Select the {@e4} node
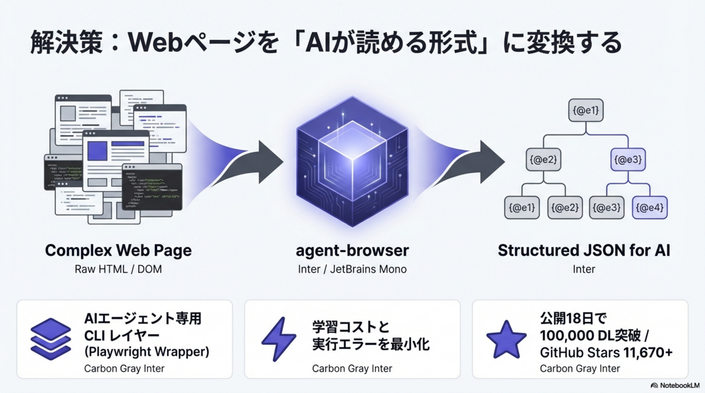tap(650, 208)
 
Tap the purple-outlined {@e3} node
tap(628, 160)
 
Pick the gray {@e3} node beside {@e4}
tap(606, 208)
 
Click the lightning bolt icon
tap(279, 339)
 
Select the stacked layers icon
tap(51, 339)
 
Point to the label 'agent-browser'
tap(352, 250)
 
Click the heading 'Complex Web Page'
tap(118, 250)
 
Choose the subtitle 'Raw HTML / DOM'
tap(118, 269)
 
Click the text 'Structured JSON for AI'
tap(584, 250)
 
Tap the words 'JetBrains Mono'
tap(368, 269)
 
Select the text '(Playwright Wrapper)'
tap(147, 352)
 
